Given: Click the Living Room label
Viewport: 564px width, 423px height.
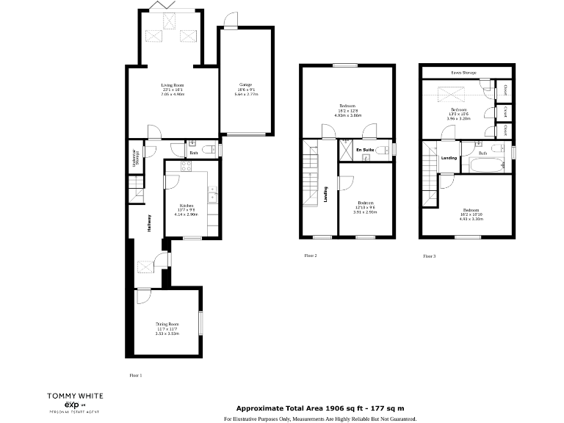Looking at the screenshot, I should tap(173, 86).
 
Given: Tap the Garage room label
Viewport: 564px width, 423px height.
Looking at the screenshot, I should tap(245, 84).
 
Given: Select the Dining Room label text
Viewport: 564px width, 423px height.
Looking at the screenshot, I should tap(169, 324).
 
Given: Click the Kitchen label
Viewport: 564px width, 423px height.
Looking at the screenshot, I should tap(186, 205).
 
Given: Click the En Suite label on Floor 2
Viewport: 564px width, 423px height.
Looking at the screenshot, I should tap(365, 150).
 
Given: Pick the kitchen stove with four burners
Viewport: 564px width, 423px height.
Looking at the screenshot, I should tap(177, 167).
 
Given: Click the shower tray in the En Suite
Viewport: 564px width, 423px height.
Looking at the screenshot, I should tap(344, 151).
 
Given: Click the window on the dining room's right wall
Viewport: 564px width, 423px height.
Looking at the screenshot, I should tap(200, 323).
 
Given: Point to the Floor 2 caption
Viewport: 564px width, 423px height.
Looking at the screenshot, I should tap(310, 256).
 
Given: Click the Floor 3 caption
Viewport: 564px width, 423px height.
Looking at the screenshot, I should tap(429, 256).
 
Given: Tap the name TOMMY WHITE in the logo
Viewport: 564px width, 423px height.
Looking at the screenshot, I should tap(75, 395).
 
